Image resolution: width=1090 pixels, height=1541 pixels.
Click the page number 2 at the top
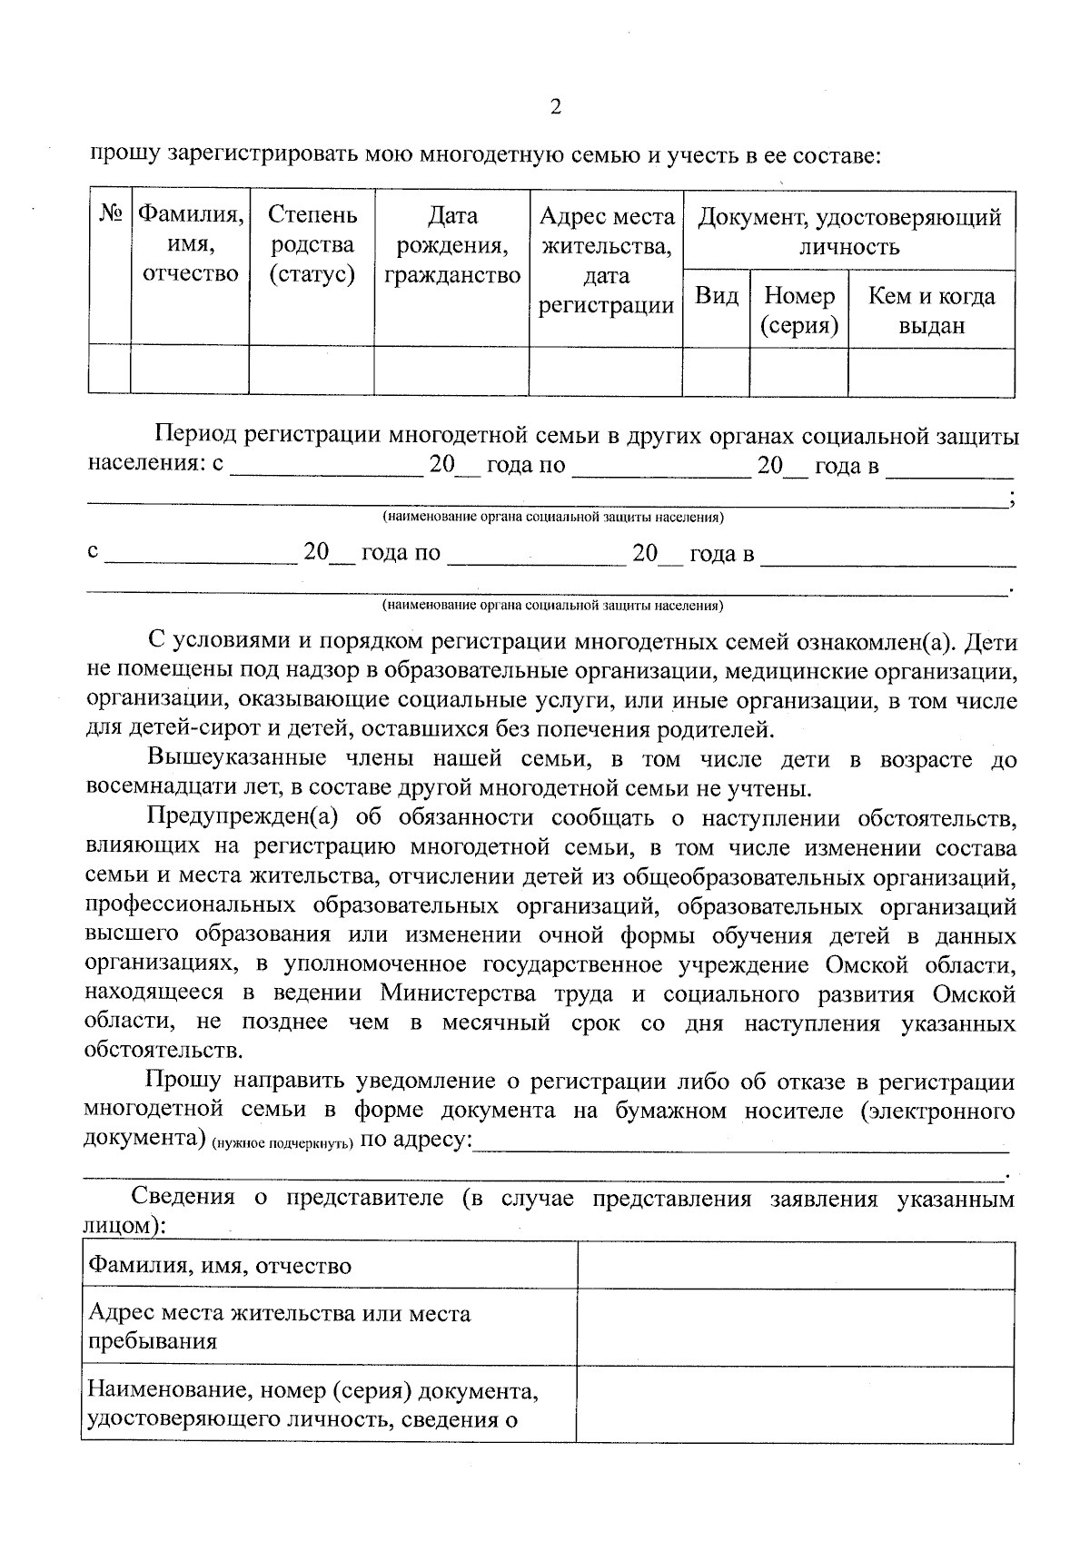[555, 107]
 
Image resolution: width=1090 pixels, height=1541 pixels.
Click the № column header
[110, 216]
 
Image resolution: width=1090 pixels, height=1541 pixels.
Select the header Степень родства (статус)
[312, 244]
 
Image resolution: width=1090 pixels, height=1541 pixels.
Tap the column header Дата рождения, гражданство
[451, 244]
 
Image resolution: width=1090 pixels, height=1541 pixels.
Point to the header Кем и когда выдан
[931, 310]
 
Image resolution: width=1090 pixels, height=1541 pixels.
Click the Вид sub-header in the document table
[716, 296]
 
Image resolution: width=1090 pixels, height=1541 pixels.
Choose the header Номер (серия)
[798, 310]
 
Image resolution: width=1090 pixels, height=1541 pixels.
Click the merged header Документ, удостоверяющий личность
[848, 231]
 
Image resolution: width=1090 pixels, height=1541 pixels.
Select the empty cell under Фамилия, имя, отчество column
[190, 370]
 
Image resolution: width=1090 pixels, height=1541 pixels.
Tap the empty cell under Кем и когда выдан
[931, 371]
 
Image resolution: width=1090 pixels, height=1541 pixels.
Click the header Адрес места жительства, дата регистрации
[606, 260]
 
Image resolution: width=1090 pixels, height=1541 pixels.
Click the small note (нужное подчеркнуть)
[282, 1145]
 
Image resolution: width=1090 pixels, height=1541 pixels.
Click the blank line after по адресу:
[740, 1142]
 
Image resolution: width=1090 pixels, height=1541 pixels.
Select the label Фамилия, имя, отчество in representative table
[219, 1265]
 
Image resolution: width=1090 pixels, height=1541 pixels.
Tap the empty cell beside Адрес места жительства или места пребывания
[795, 1327]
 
